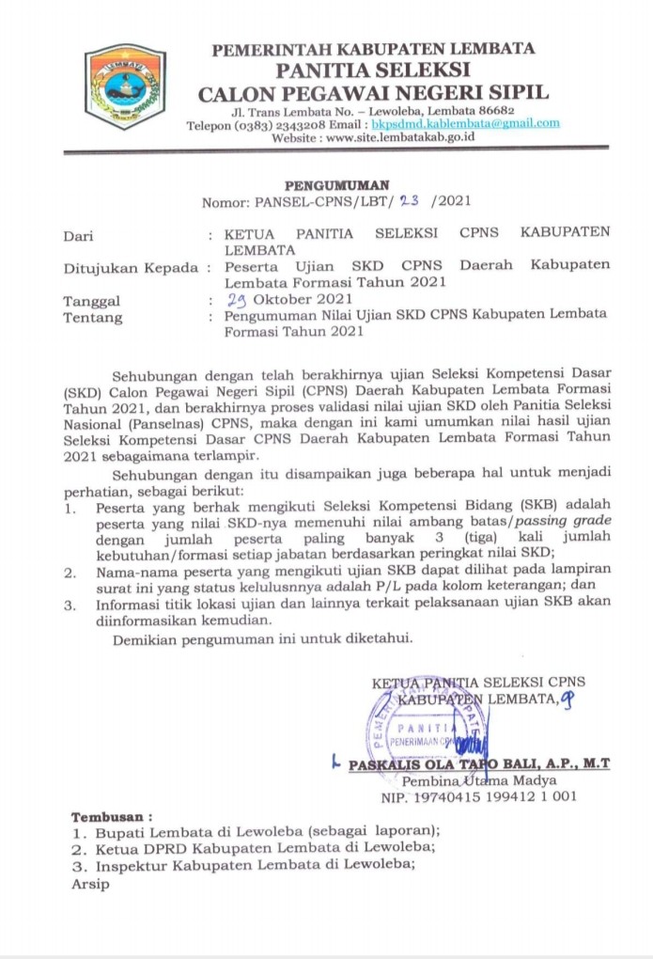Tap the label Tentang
tap(93, 319)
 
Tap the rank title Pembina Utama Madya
tap(478, 781)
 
